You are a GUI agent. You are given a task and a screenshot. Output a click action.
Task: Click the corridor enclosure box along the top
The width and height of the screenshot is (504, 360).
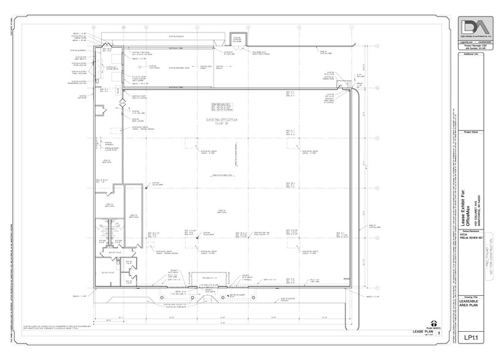tap(236, 40)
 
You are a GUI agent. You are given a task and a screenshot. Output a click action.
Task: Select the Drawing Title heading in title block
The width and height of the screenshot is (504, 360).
tap(473, 294)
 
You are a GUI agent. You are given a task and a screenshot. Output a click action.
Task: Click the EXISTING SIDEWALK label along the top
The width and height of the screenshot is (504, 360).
tap(178, 35)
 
